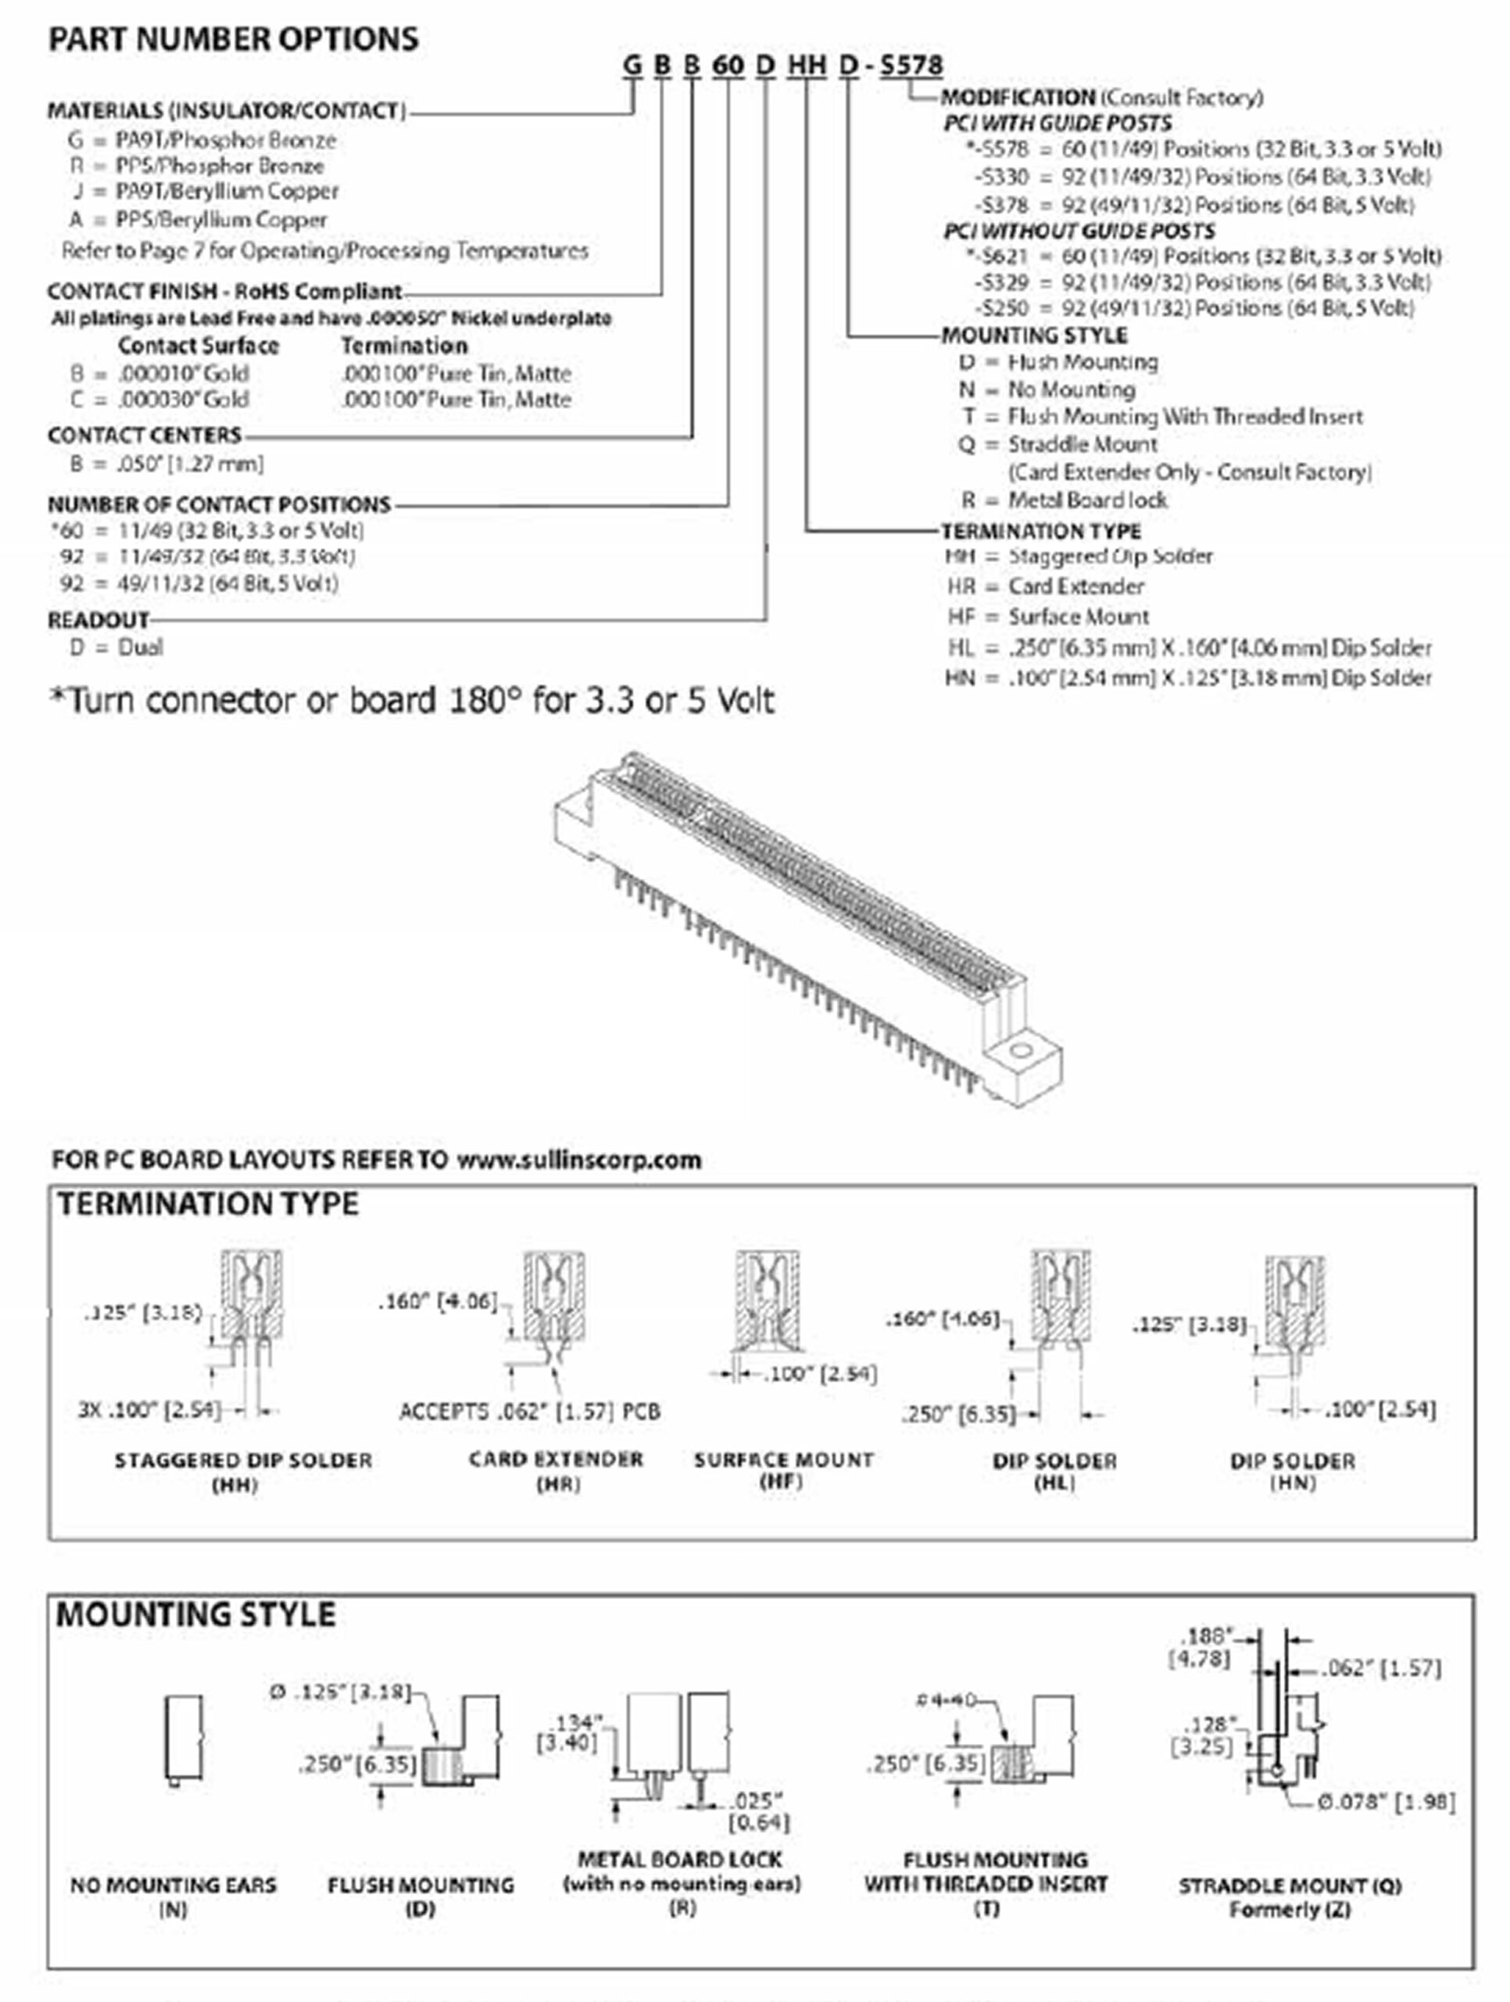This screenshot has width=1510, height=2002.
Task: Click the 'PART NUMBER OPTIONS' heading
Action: [234, 39]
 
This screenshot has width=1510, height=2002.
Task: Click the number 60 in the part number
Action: [728, 65]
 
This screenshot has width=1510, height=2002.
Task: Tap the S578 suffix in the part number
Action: [912, 65]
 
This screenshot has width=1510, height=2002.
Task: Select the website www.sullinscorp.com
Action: [578, 1161]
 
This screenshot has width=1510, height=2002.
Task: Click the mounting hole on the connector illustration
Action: [1022, 1052]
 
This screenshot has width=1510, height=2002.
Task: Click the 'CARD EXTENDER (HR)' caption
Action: [556, 1471]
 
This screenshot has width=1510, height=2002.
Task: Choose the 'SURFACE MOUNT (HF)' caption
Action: [783, 1469]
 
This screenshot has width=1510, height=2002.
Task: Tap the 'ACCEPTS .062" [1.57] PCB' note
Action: [529, 1412]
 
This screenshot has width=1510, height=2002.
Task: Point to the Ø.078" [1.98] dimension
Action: [1385, 1802]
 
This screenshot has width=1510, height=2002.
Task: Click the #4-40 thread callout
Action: [945, 1699]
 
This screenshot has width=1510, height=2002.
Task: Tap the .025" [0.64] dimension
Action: [759, 1810]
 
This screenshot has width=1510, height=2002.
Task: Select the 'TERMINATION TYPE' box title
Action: [208, 1204]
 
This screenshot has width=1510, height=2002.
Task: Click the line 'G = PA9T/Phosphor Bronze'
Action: [201, 140]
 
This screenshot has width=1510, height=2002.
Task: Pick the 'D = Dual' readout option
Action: [116, 647]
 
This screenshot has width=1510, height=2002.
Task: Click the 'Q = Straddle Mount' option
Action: [1058, 444]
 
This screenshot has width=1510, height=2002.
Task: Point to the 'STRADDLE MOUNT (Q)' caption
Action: [1290, 1886]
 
